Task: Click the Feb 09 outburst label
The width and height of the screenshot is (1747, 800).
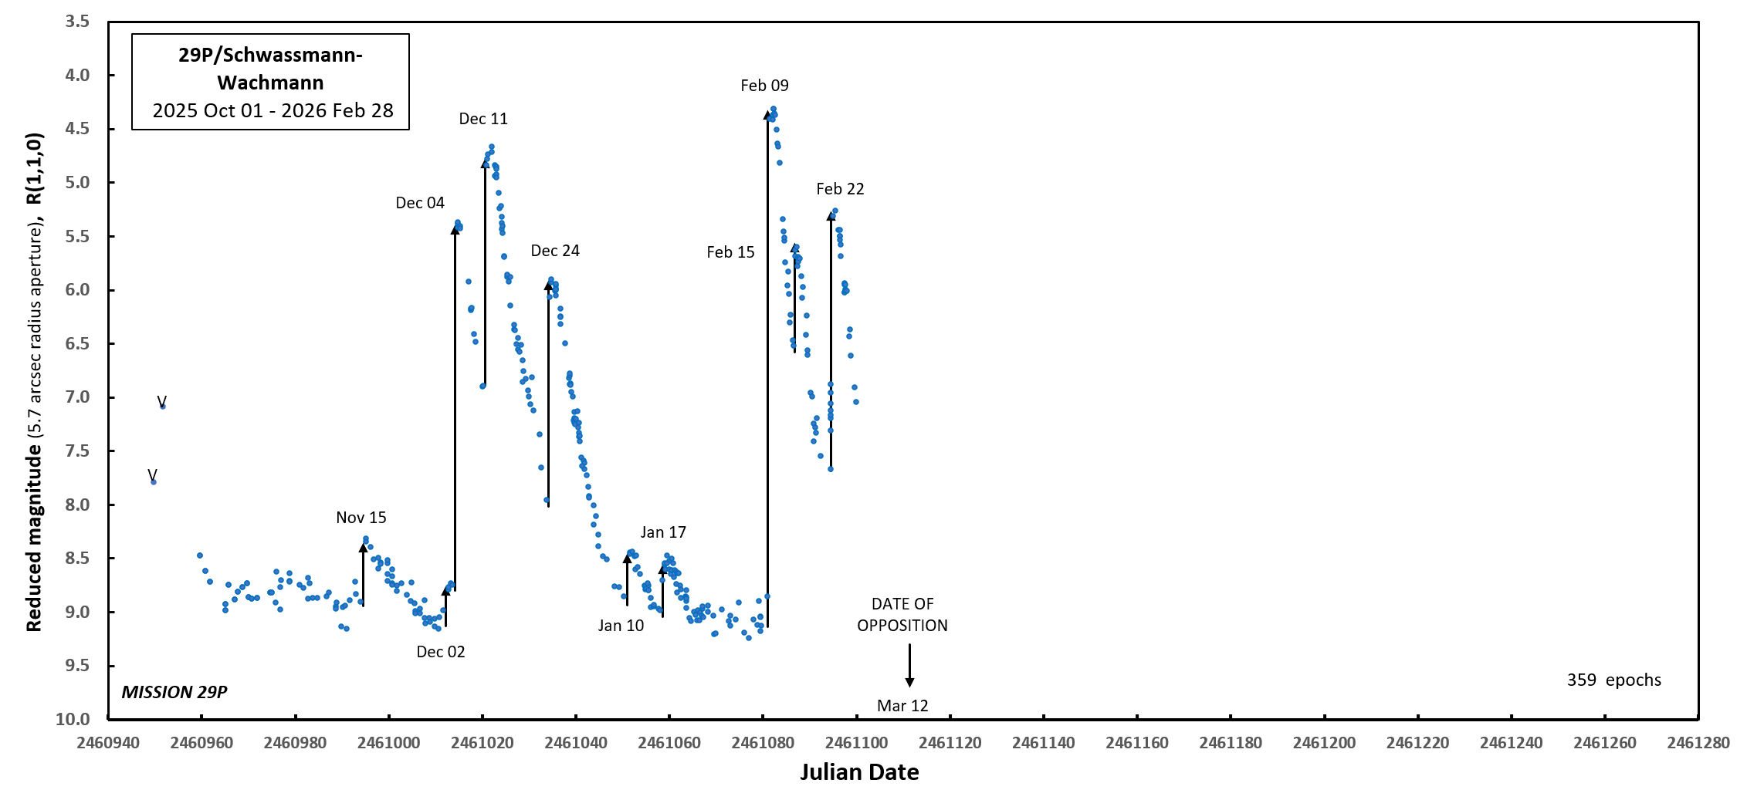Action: (x=764, y=86)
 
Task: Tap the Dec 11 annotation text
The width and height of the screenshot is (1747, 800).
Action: (x=483, y=119)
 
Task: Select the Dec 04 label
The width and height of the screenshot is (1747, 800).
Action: (x=420, y=203)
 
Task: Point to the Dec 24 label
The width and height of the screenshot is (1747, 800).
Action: (x=555, y=251)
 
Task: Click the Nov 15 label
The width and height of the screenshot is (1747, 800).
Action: (x=361, y=518)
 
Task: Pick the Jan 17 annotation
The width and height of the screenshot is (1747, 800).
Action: (x=663, y=532)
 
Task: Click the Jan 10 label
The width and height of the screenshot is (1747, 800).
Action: (x=621, y=626)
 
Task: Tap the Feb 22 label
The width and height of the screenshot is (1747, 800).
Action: (x=840, y=189)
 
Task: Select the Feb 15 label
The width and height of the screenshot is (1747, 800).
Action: (x=730, y=252)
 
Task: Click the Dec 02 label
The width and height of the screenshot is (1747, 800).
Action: (x=441, y=652)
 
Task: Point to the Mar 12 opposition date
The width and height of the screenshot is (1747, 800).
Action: (x=902, y=706)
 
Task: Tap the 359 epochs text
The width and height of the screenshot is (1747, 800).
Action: (x=1613, y=680)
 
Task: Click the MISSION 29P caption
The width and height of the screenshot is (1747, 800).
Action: (x=174, y=692)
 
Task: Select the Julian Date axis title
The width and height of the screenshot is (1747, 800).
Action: (x=859, y=772)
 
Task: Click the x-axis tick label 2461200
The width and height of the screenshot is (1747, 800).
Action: (x=1324, y=743)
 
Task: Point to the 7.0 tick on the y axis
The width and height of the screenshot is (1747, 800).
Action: (x=77, y=397)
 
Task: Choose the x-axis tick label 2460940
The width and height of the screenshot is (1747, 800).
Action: (x=108, y=743)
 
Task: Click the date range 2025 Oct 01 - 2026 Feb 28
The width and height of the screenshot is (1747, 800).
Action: (x=273, y=110)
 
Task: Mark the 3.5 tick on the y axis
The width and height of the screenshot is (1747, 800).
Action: (x=77, y=22)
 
